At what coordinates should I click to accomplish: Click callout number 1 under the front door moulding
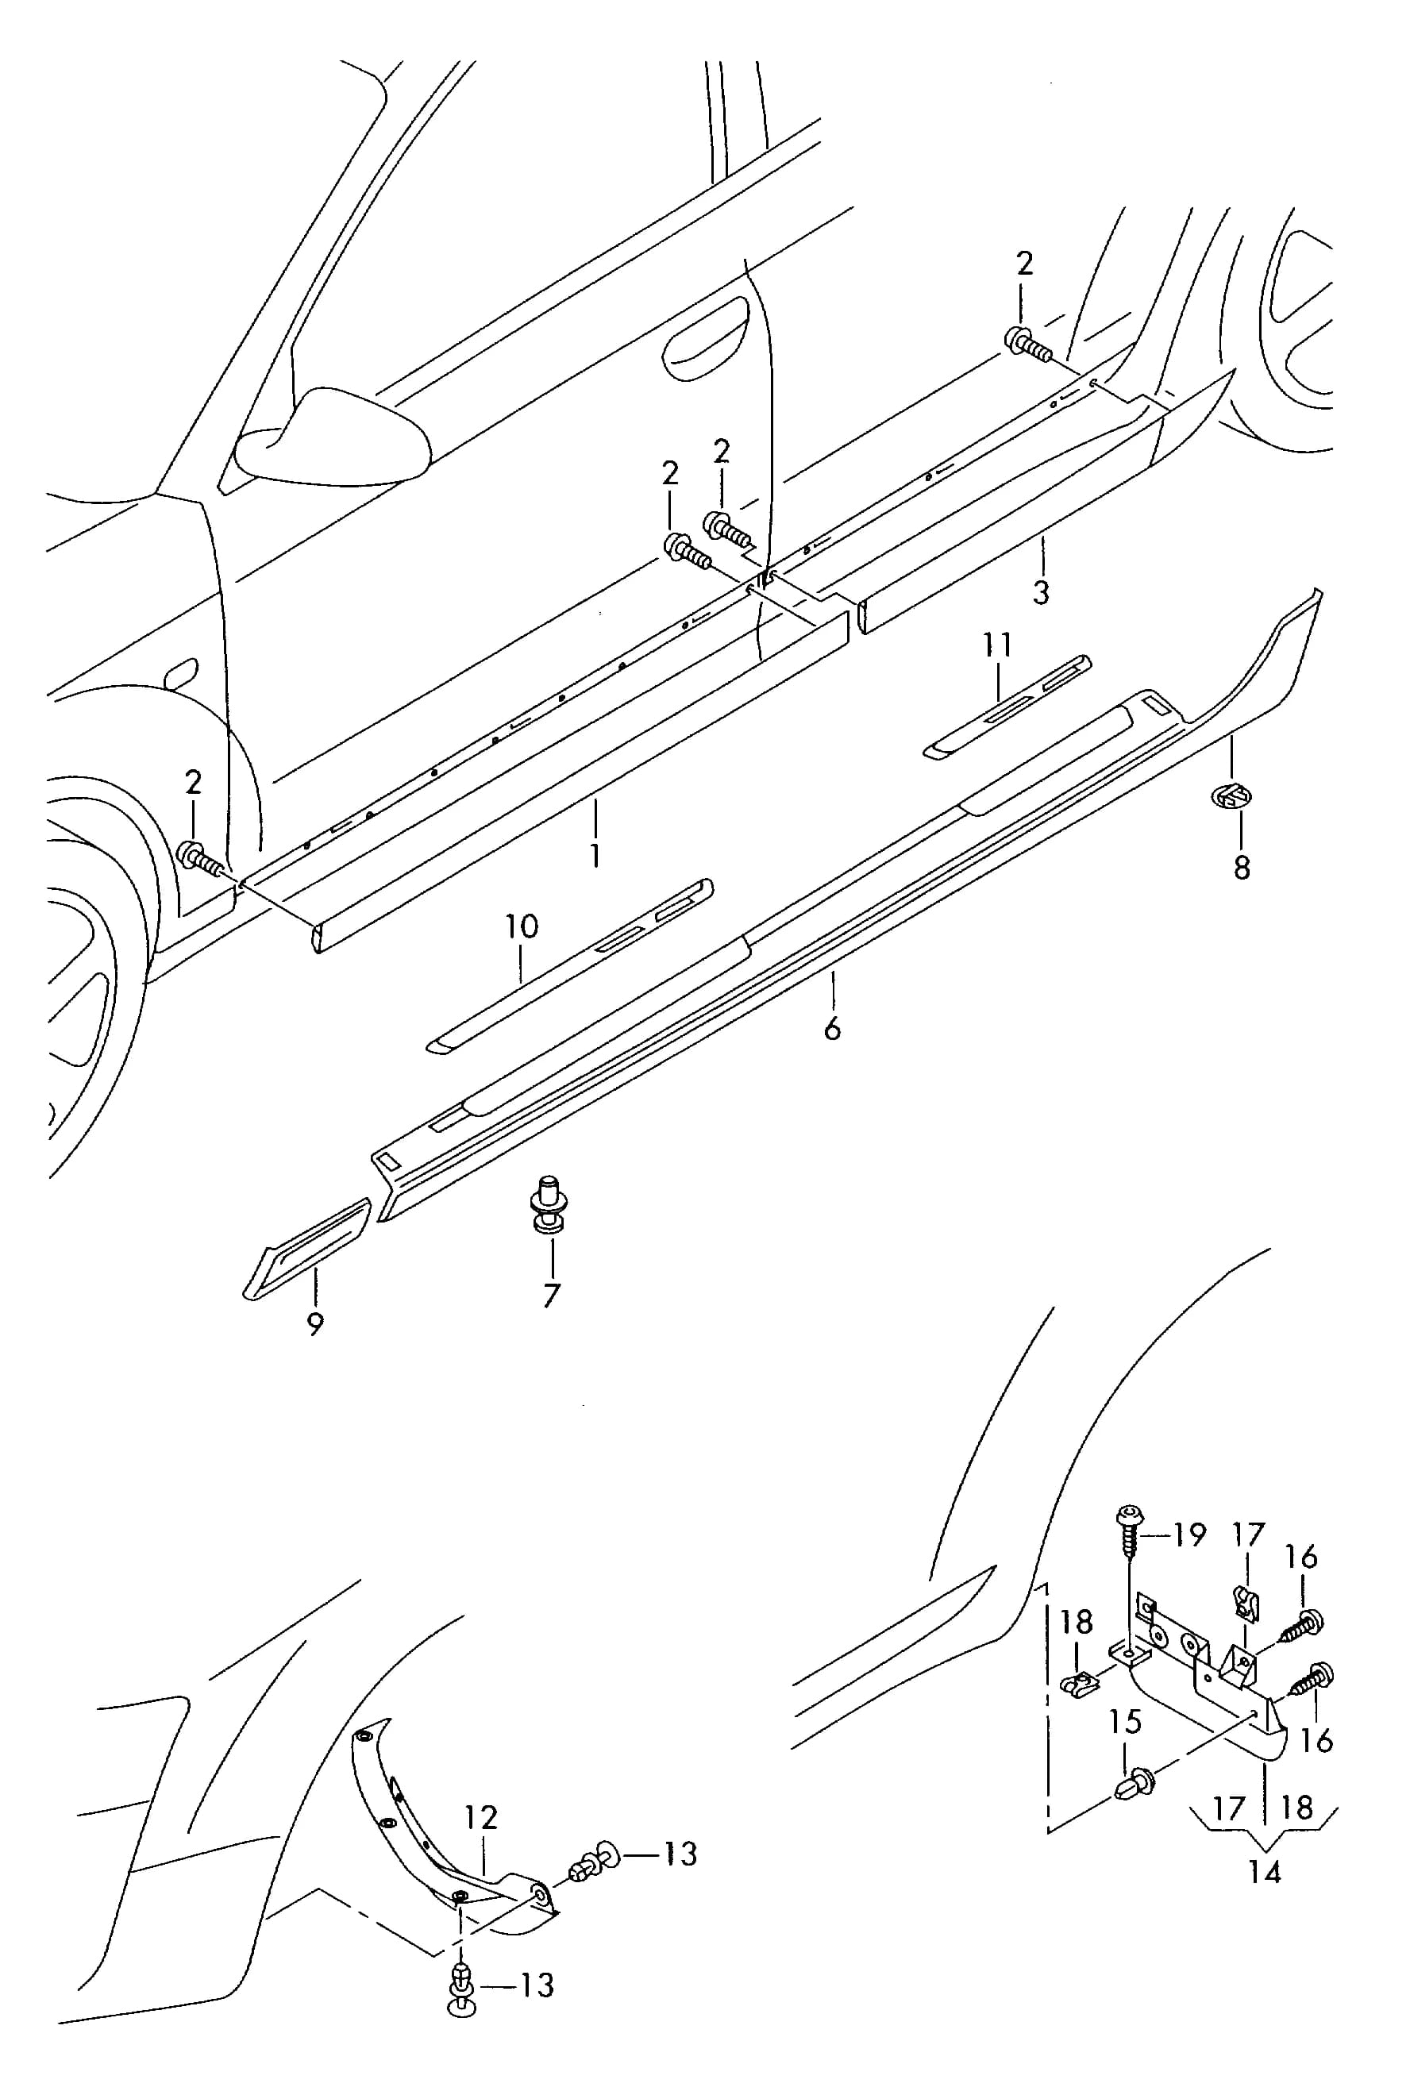(x=595, y=854)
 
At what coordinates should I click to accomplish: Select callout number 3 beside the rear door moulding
(x=1040, y=592)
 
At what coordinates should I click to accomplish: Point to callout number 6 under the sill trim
(x=832, y=1027)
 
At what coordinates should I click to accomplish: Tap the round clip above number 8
(x=1232, y=795)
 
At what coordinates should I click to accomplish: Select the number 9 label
(x=314, y=1324)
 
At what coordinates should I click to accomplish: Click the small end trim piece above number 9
(x=308, y=1248)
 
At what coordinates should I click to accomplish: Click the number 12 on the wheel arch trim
(x=481, y=1818)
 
